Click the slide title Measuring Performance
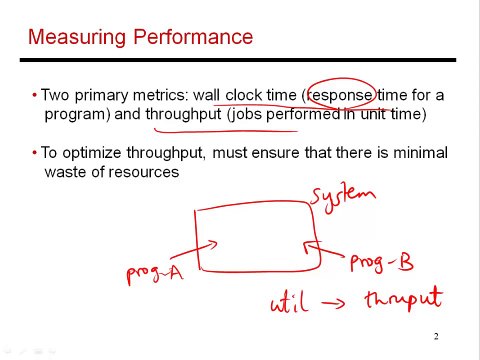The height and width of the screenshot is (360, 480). click(x=140, y=39)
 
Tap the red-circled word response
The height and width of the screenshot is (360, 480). click(x=340, y=95)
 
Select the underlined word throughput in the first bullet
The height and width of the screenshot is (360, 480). click(x=183, y=114)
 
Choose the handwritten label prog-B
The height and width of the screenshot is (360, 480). click(x=381, y=262)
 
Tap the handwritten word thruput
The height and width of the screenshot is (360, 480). click(x=404, y=299)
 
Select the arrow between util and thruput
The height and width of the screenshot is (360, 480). click(x=349, y=302)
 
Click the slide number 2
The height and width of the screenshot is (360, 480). click(x=437, y=336)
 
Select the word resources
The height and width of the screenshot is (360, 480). click(x=146, y=171)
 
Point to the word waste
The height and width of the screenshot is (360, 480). click(x=65, y=171)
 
